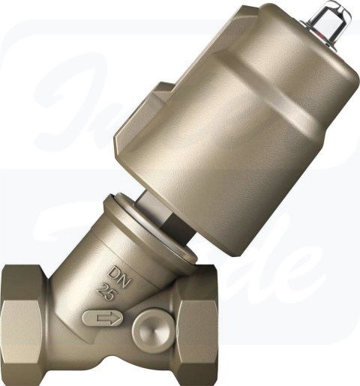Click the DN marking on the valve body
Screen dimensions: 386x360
115,271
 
